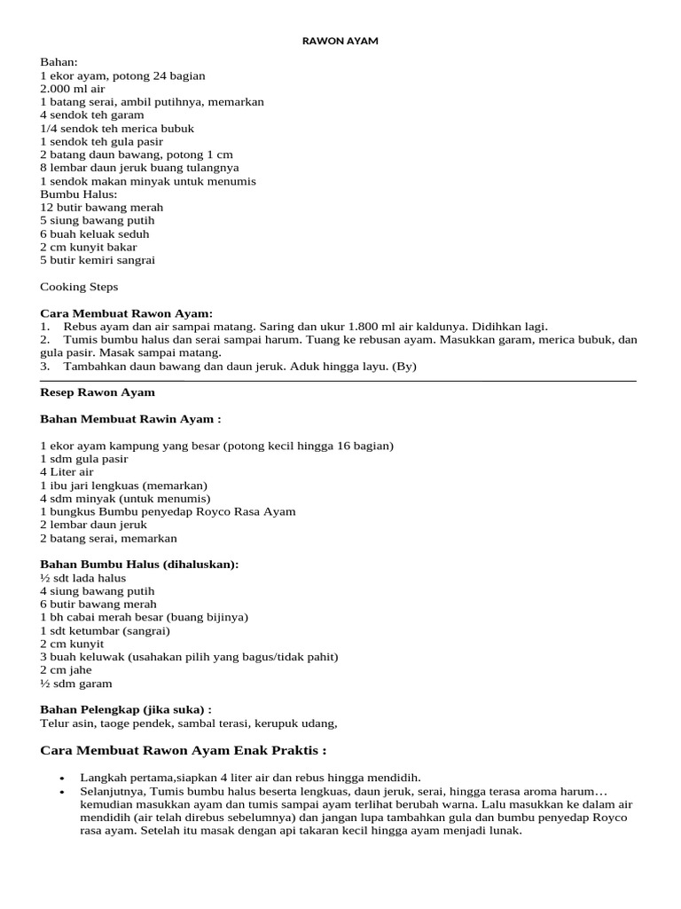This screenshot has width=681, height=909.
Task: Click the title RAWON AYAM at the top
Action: click(x=340, y=41)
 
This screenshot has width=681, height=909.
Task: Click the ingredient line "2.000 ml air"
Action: click(x=73, y=89)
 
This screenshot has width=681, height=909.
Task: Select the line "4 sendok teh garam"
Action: click(x=91, y=115)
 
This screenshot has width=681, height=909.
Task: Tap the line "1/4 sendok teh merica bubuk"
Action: click(x=117, y=128)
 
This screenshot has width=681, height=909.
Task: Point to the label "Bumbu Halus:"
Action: click(x=79, y=194)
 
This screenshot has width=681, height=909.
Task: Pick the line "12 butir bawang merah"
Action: click(x=102, y=207)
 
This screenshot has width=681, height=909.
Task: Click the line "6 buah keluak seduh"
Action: click(x=95, y=233)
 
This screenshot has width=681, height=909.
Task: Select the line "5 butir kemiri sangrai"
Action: click(x=98, y=260)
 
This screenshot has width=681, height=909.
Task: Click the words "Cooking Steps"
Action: click(x=79, y=287)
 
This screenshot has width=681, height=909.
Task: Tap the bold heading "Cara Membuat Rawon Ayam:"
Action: click(x=127, y=313)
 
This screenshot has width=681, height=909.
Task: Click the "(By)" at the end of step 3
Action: click(x=403, y=366)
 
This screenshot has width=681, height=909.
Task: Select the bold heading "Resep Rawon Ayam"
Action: click(x=98, y=392)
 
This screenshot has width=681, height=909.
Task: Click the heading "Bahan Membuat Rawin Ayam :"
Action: click(x=130, y=419)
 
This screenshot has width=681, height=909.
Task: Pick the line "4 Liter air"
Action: click(x=67, y=472)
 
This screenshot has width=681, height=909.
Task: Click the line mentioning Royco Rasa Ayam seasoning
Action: click(x=168, y=511)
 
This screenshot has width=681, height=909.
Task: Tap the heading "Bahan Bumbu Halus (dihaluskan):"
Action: click(x=140, y=565)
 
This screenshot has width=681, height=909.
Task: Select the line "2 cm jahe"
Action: click(x=66, y=670)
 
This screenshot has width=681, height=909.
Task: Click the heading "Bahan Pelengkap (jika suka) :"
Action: click(x=127, y=709)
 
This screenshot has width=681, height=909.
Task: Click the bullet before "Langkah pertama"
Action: click(x=61, y=779)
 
